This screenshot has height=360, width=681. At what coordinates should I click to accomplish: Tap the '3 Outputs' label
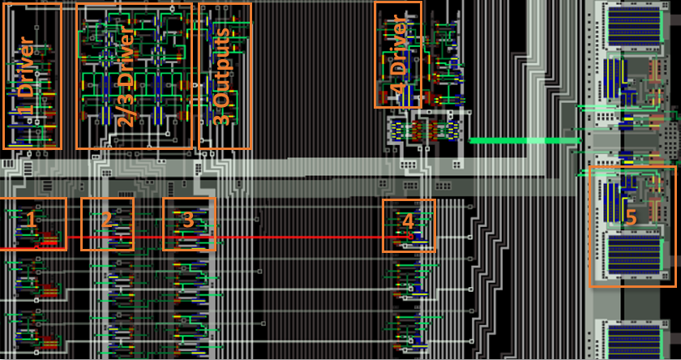(223, 77)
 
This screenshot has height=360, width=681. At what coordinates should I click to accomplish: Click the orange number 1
(31, 220)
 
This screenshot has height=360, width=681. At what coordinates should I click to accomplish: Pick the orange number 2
(106, 220)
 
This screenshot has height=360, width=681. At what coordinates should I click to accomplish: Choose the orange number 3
(188, 220)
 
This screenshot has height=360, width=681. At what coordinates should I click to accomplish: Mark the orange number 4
(408, 221)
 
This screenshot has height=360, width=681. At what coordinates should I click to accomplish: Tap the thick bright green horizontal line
(519, 141)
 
